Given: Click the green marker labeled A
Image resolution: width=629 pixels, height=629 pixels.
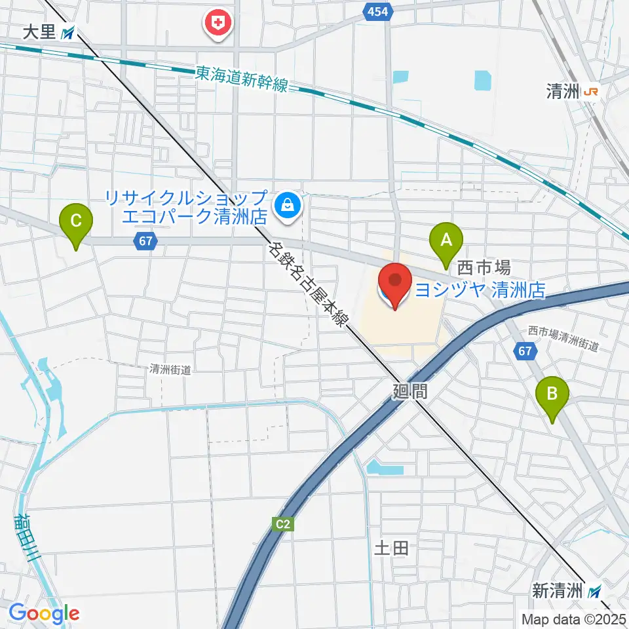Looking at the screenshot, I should [446, 241].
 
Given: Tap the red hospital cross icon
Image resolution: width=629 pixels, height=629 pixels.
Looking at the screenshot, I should [218, 24].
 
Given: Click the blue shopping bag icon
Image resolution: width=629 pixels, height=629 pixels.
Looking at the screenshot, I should [287, 206].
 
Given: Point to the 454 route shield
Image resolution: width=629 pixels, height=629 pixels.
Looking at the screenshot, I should [378, 11].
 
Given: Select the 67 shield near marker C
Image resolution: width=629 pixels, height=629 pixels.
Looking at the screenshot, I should [145, 241].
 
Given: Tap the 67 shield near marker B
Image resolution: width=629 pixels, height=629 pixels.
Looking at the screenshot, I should [525, 352].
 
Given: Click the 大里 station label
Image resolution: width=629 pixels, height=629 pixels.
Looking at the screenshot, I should [39, 33].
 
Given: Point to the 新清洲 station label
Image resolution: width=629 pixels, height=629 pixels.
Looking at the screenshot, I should [557, 591].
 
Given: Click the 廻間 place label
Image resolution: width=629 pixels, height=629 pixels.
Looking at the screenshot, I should [410, 392].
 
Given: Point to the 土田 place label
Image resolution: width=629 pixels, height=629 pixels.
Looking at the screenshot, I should [391, 548].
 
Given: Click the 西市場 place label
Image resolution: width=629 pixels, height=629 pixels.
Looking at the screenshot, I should [484, 267].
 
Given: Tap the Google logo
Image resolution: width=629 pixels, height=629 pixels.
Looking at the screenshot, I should [44, 613].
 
